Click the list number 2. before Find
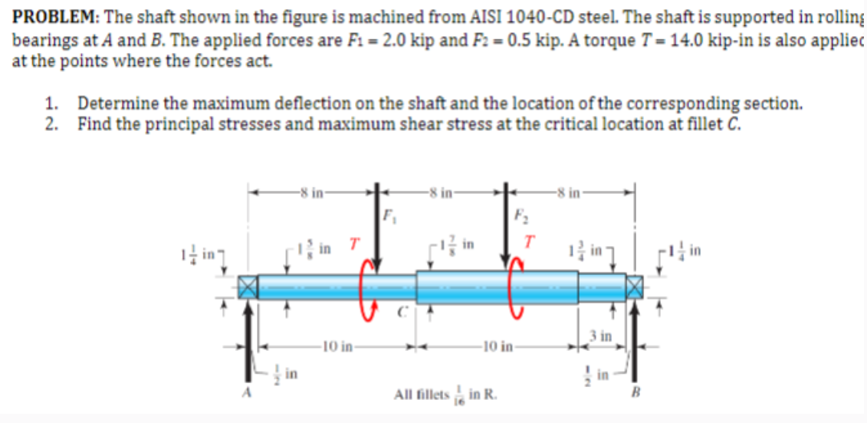pos(51,124)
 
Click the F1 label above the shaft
pos(387,214)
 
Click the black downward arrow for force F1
pos(376,230)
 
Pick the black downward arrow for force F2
pos(505,230)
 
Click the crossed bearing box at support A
pos(247,287)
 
